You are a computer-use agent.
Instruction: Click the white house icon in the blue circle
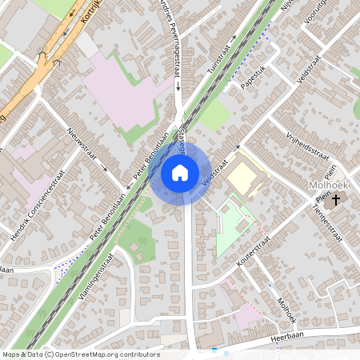(x=180, y=172)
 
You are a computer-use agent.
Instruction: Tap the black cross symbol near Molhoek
(x=337, y=198)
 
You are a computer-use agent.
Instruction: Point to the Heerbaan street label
(x=288, y=339)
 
